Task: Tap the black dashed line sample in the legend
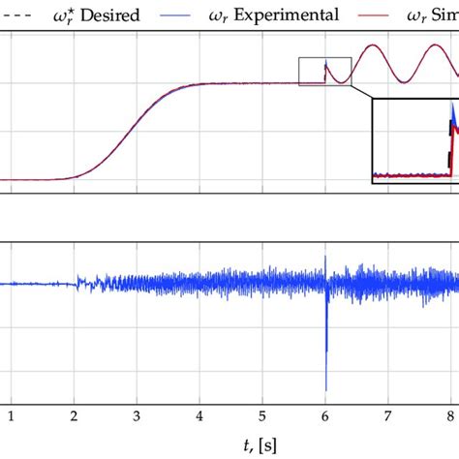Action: point(17,15)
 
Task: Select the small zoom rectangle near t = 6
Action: point(325,72)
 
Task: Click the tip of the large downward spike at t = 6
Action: point(326,389)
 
